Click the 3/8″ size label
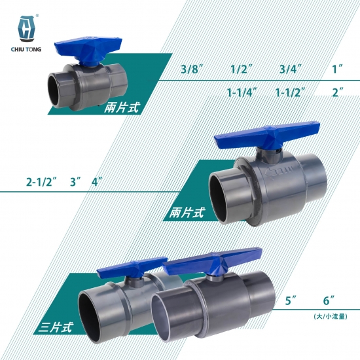(x=192, y=69)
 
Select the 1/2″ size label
(x=242, y=69)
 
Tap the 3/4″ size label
(x=290, y=69)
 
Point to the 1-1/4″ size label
(x=242, y=92)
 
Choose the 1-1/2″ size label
(x=290, y=92)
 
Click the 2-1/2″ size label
(x=41, y=182)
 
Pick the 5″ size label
(x=291, y=300)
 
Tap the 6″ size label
(x=329, y=300)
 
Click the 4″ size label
(x=97, y=182)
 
